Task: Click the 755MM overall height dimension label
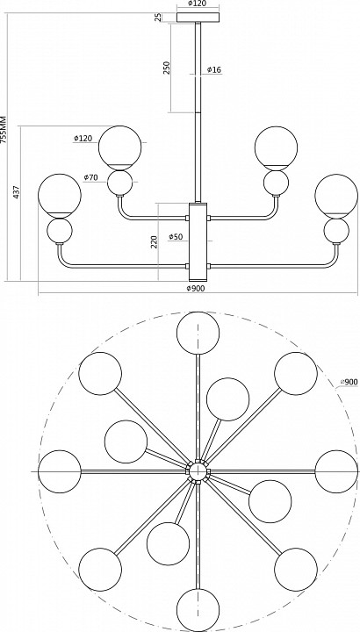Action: click(4, 130)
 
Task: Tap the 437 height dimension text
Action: click(17, 192)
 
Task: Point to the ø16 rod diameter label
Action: click(214, 69)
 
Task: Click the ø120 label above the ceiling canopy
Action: click(198, 4)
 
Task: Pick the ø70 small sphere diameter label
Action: click(90, 177)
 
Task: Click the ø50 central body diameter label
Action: click(176, 237)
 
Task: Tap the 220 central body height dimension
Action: click(155, 241)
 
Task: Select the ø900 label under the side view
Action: click(196, 288)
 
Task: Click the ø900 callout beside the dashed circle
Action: click(349, 382)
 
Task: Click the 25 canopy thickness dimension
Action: click(158, 17)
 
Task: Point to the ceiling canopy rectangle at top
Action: click(198, 18)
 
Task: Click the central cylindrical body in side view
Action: click(198, 242)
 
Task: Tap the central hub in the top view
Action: click(198, 471)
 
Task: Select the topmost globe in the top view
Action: click(198, 333)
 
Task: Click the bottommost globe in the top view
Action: click(198, 609)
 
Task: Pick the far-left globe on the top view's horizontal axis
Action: click(60, 471)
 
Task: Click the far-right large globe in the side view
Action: click(336, 196)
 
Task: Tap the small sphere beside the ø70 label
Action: click(120, 183)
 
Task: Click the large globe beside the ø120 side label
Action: click(120, 147)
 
